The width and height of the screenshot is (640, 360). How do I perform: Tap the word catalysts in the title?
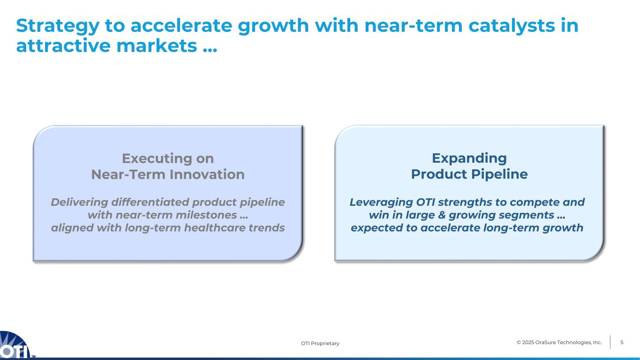(512, 26)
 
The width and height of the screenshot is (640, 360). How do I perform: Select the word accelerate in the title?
(181, 25)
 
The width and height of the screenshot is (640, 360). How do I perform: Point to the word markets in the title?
(157, 46)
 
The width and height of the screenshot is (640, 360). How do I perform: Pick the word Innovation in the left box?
(207, 174)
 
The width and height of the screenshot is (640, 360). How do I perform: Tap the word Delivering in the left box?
(79, 202)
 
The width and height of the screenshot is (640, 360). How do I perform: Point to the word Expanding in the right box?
(469, 159)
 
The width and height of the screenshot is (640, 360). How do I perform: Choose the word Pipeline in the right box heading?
(499, 174)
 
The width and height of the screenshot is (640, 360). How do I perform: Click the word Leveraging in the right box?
(381, 202)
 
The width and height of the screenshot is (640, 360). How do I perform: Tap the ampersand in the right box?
(442, 215)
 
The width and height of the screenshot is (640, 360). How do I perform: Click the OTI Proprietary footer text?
(320, 343)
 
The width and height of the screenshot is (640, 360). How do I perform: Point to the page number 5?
(622, 342)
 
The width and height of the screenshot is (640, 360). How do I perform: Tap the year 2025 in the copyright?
(528, 342)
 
